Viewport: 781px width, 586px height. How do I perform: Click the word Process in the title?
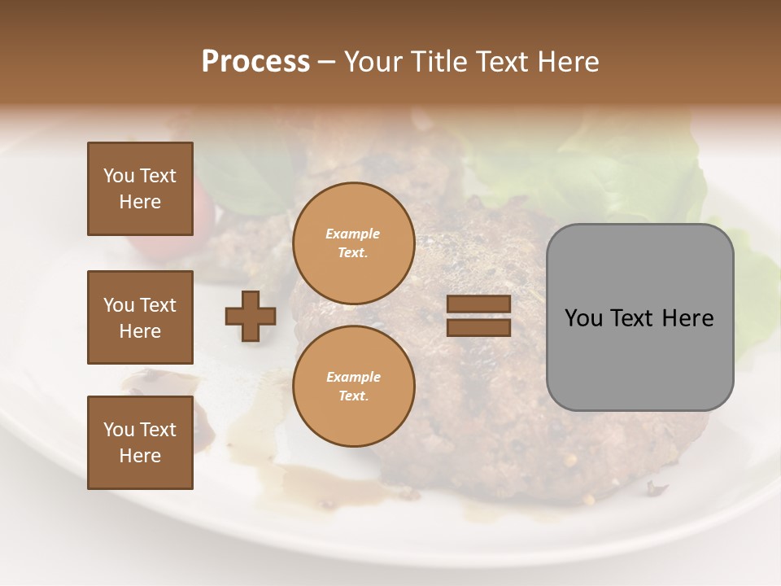[255, 62]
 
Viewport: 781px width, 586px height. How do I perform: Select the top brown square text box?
[140, 189]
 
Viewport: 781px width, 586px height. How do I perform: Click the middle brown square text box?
[140, 317]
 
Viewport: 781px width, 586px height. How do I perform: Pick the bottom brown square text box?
[140, 443]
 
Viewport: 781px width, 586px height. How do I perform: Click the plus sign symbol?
[251, 316]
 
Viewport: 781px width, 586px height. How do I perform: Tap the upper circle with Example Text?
[353, 243]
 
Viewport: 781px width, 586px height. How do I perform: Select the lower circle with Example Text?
[353, 386]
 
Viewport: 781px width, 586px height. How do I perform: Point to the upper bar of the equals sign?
[478, 304]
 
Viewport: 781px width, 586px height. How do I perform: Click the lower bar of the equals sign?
[478, 327]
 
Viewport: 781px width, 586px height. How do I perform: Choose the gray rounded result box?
[639, 317]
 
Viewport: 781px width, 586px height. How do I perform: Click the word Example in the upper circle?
[353, 234]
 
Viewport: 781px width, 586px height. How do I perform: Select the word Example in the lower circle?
[353, 377]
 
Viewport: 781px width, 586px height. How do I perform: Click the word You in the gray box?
[583, 318]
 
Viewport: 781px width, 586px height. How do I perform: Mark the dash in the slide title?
[327, 63]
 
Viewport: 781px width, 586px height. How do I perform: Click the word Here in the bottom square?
[140, 456]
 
